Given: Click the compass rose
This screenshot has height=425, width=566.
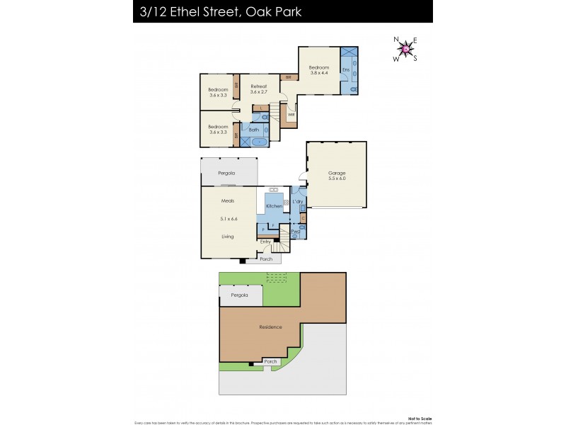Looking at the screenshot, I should pos(405,49).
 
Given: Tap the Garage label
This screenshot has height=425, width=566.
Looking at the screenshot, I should pos(337,173).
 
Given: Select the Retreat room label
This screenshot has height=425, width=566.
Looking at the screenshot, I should pos(258,86).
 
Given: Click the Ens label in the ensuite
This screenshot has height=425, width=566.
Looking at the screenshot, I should pos(345,70).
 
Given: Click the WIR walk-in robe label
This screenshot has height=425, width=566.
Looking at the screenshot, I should pos(291,114).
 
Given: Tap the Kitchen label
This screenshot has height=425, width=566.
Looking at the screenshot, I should pos(275,206).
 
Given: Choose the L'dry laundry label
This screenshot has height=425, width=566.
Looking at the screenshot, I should pos(298,202).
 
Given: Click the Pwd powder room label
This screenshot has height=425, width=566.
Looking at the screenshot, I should pos(295,232).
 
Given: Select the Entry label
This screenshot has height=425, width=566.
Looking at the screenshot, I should pos(265,242).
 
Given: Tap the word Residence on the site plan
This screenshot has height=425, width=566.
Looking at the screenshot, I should pos(270,327).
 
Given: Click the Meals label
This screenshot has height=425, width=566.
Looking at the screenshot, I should pos(228,200).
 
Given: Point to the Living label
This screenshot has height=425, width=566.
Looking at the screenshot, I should pos(228,237).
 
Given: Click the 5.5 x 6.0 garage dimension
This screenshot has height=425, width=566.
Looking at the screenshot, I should pos(337,179).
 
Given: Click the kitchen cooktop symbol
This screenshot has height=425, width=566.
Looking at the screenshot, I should pos(272,189).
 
